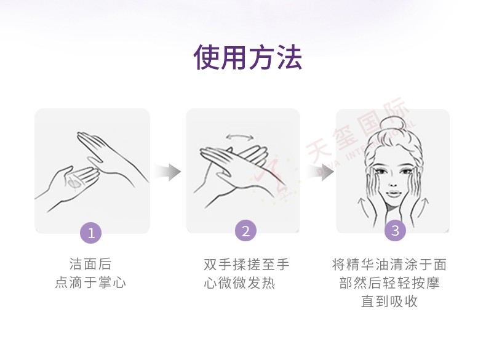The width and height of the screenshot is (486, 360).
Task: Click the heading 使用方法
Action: pos(247,57)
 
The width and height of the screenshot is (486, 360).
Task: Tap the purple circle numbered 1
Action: pos(91,233)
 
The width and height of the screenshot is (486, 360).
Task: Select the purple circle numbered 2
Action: pos(245,231)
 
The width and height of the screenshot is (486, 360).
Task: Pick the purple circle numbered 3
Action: pos(395,230)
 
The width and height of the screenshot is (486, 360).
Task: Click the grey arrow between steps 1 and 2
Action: pos(167,172)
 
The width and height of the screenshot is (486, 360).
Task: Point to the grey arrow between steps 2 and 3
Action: pos(321,172)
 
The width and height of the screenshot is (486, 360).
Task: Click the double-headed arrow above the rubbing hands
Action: pos(239,137)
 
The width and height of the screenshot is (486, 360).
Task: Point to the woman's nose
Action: pos(393,184)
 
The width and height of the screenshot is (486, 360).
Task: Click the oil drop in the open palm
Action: pos(74,183)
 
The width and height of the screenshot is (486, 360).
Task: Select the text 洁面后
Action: pos(90,264)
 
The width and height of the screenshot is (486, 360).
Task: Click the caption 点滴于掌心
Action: pos(90,282)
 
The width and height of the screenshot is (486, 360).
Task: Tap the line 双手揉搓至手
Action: pos(247,265)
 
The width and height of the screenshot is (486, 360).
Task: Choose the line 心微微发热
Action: pos(239,283)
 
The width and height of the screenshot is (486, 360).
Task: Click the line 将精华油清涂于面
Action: pos(389,265)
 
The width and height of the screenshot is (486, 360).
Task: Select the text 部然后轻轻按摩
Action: pos(389,283)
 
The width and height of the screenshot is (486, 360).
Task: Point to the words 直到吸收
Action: pos(389,301)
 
